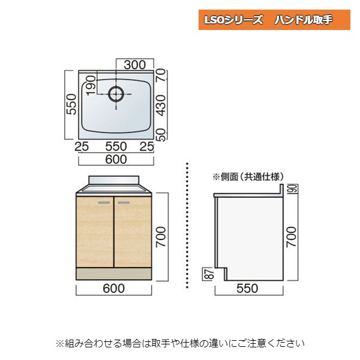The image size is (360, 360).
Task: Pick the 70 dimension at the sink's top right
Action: (160, 76)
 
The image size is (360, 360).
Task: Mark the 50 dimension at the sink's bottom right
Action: (160, 133)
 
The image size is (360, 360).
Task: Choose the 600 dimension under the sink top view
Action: (115, 159)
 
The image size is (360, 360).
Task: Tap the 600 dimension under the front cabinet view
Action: (114, 289)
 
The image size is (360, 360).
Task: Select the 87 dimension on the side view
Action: (208, 275)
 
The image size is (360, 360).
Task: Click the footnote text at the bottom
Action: (180, 343)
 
